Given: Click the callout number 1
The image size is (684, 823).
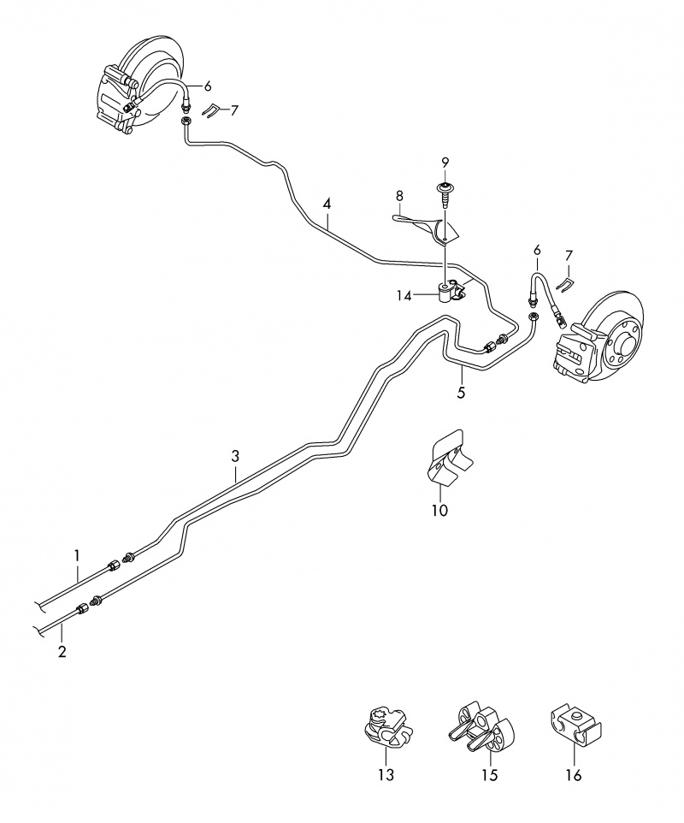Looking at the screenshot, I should [x=76, y=555].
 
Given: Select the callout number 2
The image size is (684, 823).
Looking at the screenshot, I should [x=62, y=653].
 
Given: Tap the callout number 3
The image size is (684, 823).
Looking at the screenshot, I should [x=236, y=455].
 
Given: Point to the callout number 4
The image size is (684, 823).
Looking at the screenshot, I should [x=327, y=204].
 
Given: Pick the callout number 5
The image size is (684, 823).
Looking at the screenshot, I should [x=461, y=393].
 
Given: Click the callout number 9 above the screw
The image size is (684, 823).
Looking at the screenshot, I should [x=445, y=163].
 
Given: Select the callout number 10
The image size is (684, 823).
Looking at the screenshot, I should [x=439, y=511].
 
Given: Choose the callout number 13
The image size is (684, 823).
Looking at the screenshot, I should [x=386, y=775].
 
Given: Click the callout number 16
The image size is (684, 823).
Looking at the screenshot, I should [x=573, y=775].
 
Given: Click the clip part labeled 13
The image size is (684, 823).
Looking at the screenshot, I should [x=384, y=728].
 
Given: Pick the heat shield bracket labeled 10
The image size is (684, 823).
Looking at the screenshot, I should [x=448, y=461].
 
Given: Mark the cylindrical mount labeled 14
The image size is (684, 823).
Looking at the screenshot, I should [x=446, y=293].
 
